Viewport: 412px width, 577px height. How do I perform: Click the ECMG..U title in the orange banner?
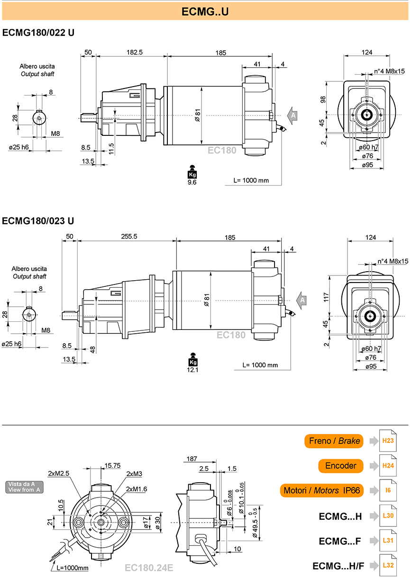click(205, 11)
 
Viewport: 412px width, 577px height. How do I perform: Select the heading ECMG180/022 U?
click(38, 33)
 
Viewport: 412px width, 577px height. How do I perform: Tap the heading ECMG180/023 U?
click(38, 221)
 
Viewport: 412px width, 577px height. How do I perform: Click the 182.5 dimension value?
click(134, 52)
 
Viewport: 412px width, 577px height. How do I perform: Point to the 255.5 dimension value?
click(129, 236)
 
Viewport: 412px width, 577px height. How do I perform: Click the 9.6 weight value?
click(192, 182)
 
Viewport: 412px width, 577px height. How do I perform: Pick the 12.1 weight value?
click(192, 370)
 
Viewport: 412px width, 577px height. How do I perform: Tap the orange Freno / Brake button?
click(334, 441)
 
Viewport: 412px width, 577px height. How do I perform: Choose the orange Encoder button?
click(341, 466)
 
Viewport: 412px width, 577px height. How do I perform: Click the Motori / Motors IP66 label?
click(322, 490)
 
